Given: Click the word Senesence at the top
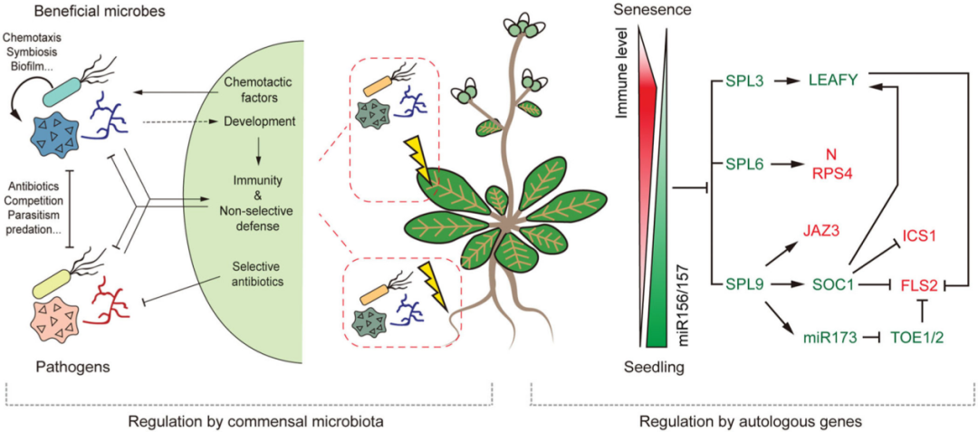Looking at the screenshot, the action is (646, 10).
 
